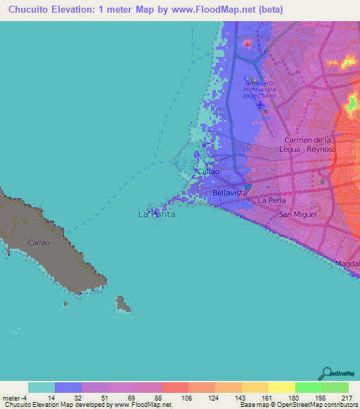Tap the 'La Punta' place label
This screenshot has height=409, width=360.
(156, 214)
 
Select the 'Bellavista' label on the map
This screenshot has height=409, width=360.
(229, 192)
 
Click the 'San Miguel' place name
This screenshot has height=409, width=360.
(297, 214)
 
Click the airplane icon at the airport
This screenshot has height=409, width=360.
(262, 105)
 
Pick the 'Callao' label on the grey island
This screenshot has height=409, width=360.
(38, 242)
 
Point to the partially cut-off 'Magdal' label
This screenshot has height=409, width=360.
(347, 264)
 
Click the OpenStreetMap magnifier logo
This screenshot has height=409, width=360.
(326, 373)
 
